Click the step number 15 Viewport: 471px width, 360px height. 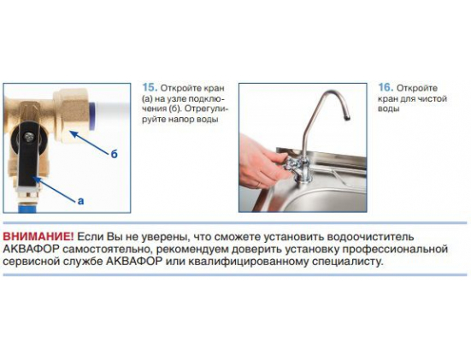point(150,87)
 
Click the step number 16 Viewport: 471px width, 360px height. point(386,87)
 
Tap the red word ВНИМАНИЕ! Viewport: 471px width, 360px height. point(38,237)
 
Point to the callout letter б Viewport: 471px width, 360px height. point(114,154)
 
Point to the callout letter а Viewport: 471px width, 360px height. point(81,201)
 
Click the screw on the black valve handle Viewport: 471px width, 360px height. point(29,137)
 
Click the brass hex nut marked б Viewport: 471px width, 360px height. point(72,115)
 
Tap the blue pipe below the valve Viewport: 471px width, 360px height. point(27,208)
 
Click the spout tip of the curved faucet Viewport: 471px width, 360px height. point(347,117)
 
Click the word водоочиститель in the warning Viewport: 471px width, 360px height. point(370,237)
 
